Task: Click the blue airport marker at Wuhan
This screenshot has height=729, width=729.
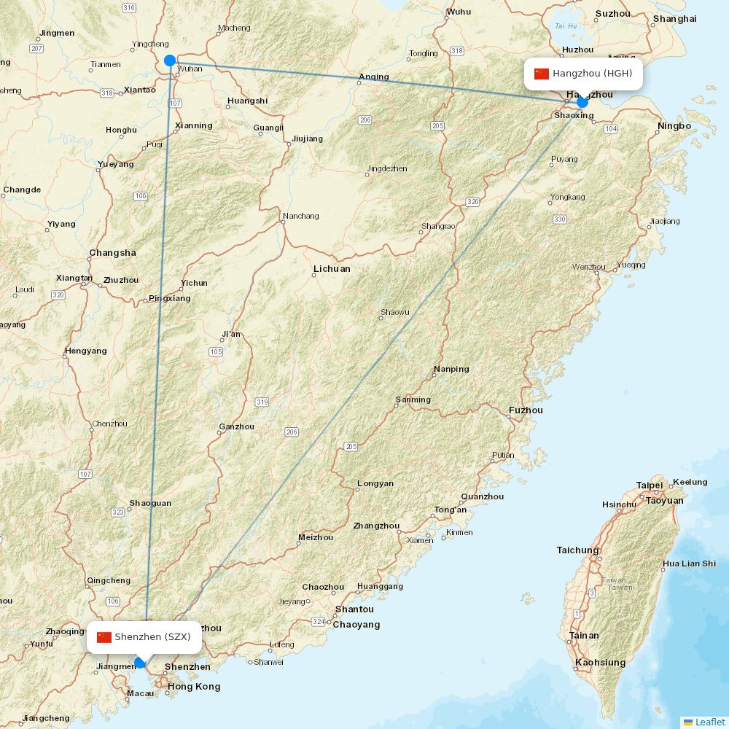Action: point(170,61)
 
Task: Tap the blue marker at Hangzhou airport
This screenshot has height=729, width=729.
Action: point(582,102)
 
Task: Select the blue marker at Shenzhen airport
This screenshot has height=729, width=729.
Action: point(141,663)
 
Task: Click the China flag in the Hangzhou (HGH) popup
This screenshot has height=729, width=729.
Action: point(542,74)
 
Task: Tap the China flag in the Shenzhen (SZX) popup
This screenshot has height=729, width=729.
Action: point(104,637)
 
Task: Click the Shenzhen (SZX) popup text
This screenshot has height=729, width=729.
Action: point(152,637)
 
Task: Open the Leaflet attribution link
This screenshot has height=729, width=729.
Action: point(709,722)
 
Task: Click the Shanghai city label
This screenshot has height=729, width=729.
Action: point(674,18)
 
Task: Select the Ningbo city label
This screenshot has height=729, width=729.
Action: point(674,125)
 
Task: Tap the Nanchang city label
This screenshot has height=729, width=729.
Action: point(301,216)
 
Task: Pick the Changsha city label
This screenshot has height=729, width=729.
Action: point(112,253)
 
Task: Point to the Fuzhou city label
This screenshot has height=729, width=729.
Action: point(526,410)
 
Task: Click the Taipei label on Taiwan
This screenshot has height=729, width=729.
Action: point(650,486)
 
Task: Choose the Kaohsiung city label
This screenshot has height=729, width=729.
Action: point(600,663)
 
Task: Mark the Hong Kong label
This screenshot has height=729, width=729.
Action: point(194,687)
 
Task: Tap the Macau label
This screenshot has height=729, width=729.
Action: point(140,693)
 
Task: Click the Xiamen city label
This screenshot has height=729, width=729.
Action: point(420,540)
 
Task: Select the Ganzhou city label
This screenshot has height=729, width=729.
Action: point(237,427)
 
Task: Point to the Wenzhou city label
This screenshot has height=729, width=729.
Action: point(588,268)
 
